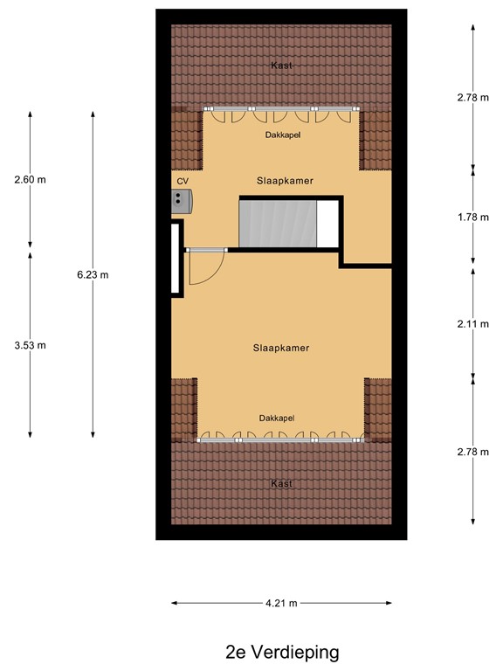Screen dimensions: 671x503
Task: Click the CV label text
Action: pyautogui.click(x=183, y=181)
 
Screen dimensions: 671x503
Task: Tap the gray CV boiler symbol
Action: pyautogui.click(x=182, y=201)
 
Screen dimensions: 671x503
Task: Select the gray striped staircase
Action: pyautogui.click(x=277, y=223)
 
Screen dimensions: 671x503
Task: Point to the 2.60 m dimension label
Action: pyautogui.click(x=30, y=180)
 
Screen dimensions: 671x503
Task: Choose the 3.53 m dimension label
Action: pyautogui.click(x=30, y=344)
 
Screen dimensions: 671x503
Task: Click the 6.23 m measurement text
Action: pyautogui.click(x=93, y=274)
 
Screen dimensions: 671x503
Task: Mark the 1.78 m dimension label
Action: pyautogui.click(x=472, y=218)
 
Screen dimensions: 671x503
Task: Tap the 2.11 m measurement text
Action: pyautogui.click(x=472, y=324)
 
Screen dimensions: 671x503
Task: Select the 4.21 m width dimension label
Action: pyautogui.click(x=281, y=603)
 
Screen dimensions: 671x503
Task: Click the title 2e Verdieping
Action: pyautogui.click(x=281, y=652)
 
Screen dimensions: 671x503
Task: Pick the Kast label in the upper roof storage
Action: pyautogui.click(x=281, y=66)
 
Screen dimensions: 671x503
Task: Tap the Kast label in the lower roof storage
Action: pyautogui.click(x=281, y=483)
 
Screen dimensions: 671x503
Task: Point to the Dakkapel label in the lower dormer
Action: pyautogui.click(x=277, y=419)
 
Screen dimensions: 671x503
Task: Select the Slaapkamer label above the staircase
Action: pyautogui.click(x=285, y=181)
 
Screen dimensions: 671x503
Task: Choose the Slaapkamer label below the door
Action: pyautogui.click(x=281, y=348)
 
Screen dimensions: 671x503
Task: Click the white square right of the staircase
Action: pyautogui.click(x=327, y=224)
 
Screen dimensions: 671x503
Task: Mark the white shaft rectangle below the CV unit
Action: pyautogui.click(x=176, y=259)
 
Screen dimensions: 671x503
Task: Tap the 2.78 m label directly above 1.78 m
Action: pyautogui.click(x=472, y=98)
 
